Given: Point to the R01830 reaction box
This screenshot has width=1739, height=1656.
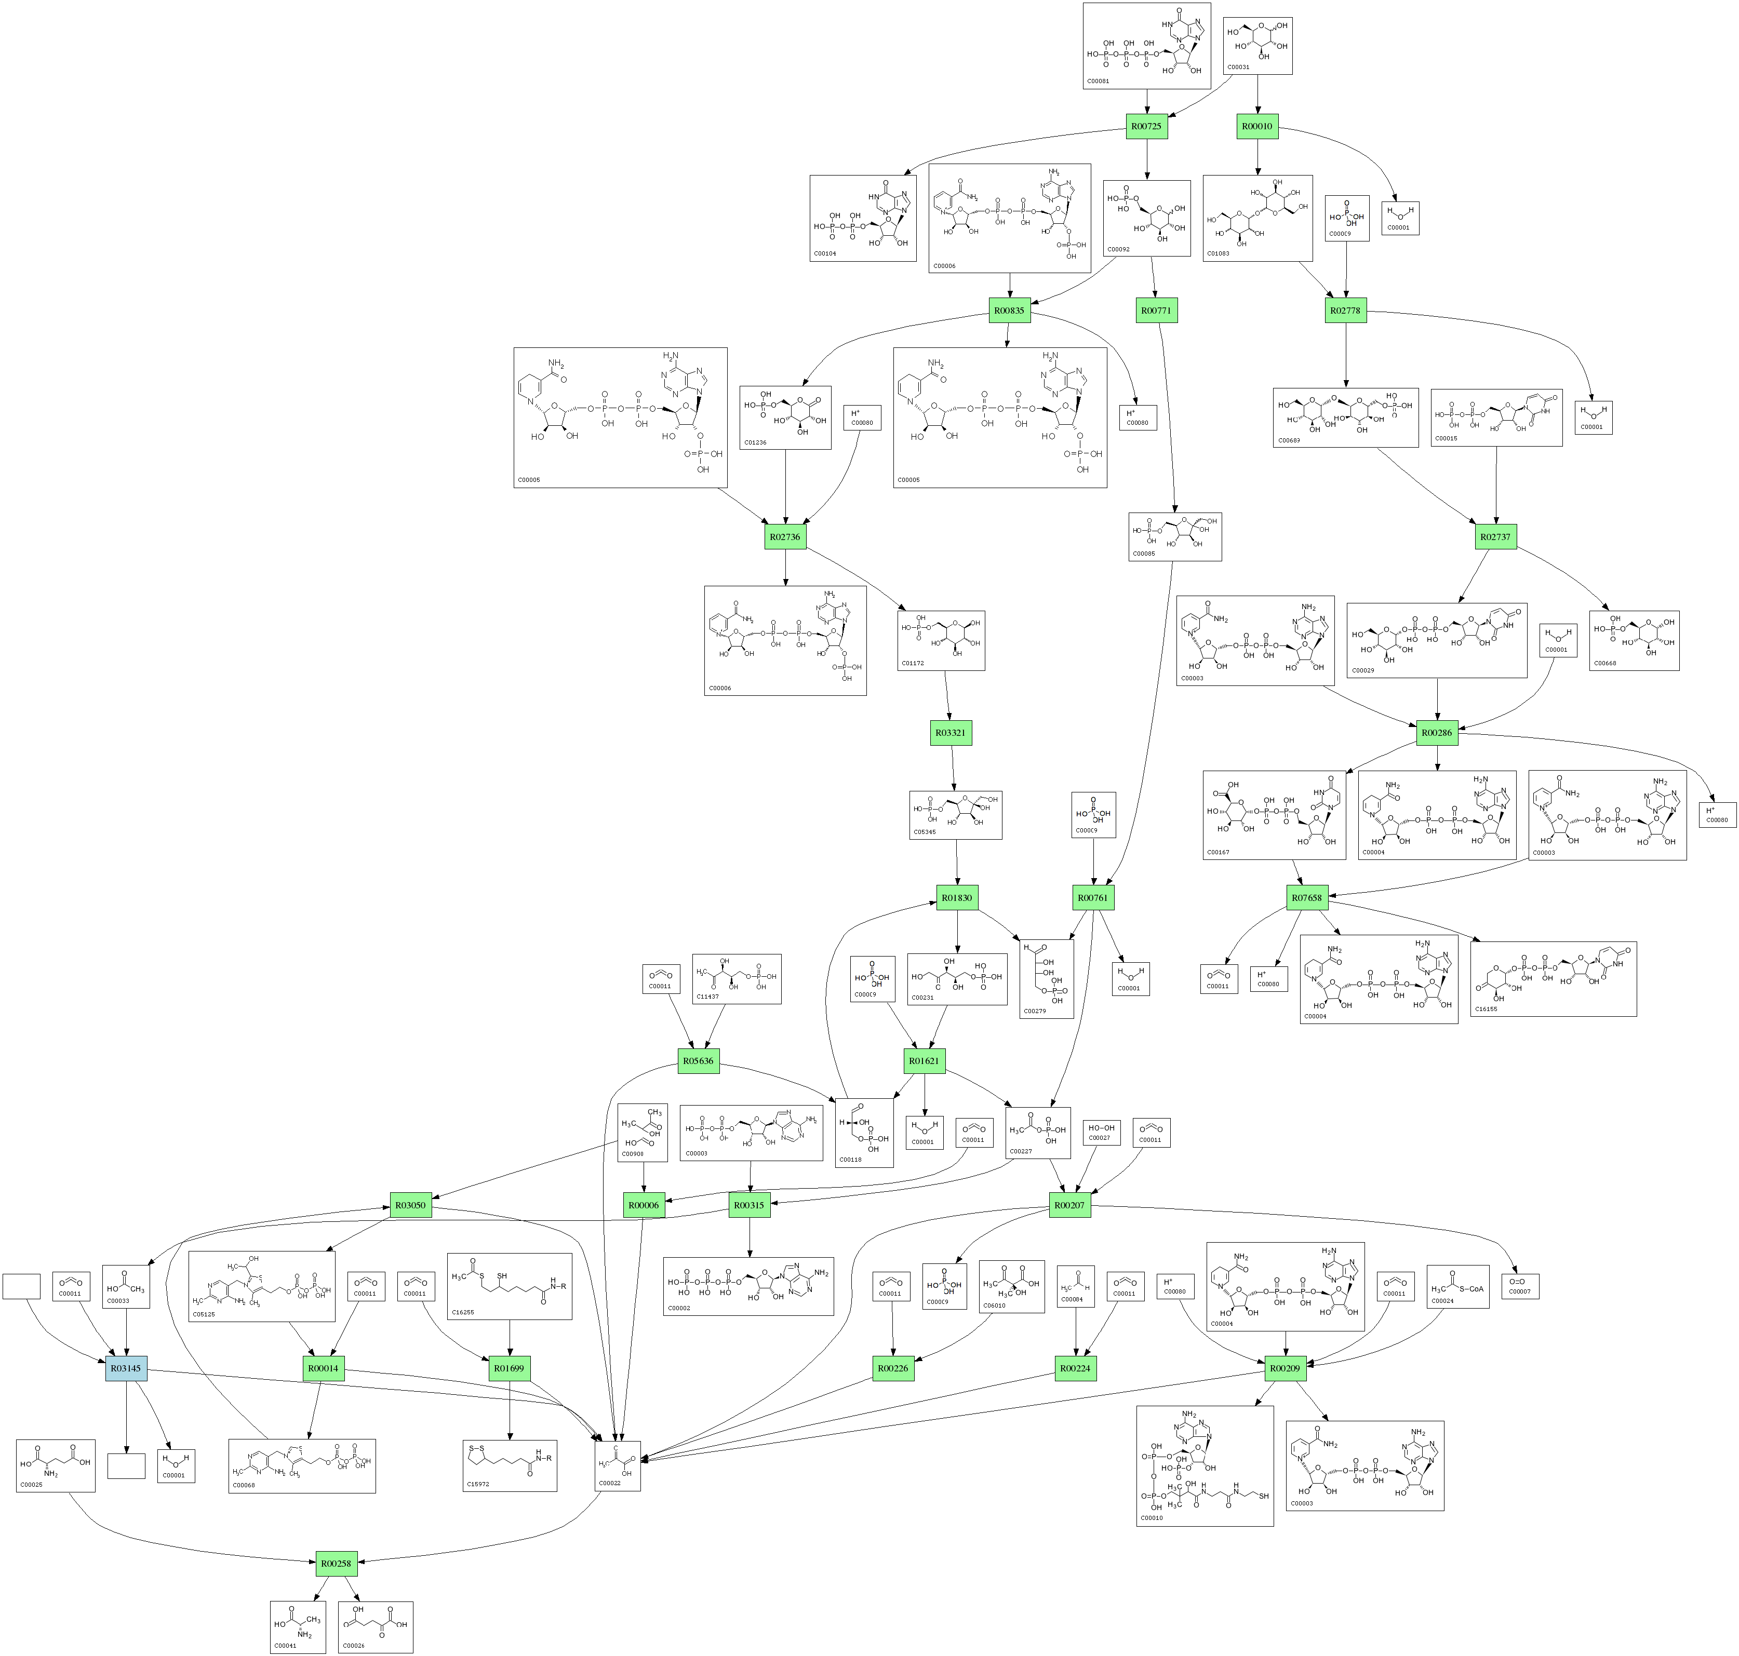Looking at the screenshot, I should tap(957, 898).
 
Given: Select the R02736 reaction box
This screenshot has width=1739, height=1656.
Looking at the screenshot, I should tap(785, 537).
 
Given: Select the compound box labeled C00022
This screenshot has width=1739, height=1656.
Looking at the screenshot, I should tap(617, 1467).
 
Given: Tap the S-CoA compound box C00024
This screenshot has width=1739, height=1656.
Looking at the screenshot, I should tap(1457, 1287).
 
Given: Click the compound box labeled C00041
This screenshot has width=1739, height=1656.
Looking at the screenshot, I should tap(298, 1627).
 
